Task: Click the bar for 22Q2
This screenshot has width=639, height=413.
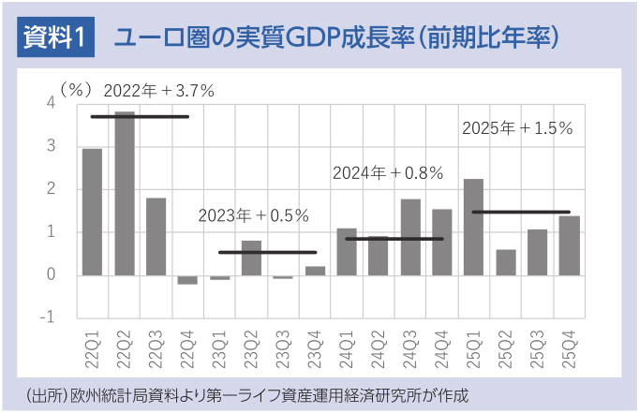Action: click(125, 194)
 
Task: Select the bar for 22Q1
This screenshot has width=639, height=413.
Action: click(93, 212)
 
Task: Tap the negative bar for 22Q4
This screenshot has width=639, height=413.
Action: click(187, 279)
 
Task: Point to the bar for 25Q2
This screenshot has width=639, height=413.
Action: click(505, 262)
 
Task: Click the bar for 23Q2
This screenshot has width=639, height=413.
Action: click(251, 258)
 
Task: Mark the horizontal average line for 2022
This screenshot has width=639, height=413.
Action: click(140, 116)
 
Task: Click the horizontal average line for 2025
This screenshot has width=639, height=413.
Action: click(521, 212)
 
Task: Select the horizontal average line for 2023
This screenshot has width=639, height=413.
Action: click(267, 252)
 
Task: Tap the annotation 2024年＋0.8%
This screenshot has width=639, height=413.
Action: click(388, 173)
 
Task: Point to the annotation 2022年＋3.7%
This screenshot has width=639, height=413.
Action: click(159, 91)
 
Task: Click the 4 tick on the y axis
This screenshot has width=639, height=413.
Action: click(51, 103)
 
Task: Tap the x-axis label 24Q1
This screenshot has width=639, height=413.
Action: click(347, 347)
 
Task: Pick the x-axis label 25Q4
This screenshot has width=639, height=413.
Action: click(570, 347)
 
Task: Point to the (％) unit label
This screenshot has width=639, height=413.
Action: click(76, 90)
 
